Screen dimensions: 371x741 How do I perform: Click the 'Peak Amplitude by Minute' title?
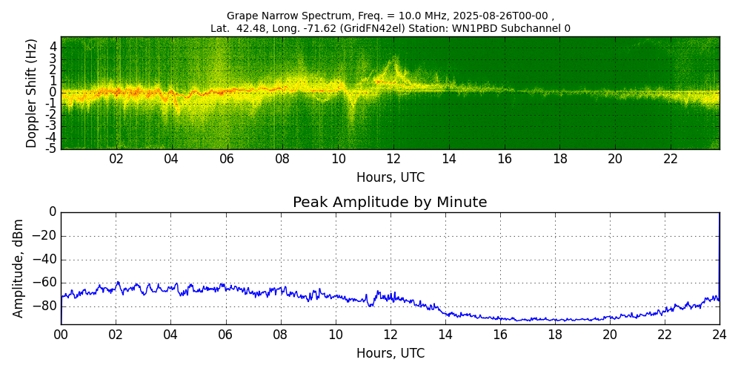pyautogui.click(x=390, y=203)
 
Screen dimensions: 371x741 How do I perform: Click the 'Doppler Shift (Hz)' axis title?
pyautogui.click(x=32, y=93)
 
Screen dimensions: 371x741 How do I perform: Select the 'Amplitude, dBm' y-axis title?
pyautogui.click(x=19, y=268)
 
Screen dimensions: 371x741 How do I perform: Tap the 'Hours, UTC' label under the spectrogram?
pyautogui.click(x=391, y=178)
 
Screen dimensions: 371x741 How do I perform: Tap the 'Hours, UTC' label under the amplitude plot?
pyautogui.click(x=391, y=353)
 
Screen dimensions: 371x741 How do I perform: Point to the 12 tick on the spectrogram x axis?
pyautogui.click(x=393, y=159)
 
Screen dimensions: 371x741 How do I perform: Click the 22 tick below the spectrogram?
pyautogui.click(x=671, y=159)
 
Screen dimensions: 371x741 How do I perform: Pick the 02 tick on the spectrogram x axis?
pyautogui.click(x=116, y=159)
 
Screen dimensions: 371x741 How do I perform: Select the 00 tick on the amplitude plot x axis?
pyautogui.click(x=61, y=334)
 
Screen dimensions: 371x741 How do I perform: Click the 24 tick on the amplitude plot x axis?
pyautogui.click(x=720, y=334)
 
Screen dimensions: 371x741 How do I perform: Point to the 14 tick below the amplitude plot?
pyautogui.click(x=445, y=334)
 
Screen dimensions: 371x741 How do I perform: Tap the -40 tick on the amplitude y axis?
pyautogui.click(x=44, y=260)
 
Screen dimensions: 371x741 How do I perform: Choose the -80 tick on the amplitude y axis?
pyautogui.click(x=44, y=306)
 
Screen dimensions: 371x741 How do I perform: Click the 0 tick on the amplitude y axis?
pyautogui.click(x=53, y=212)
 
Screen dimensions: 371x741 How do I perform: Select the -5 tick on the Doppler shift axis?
pyautogui.click(x=51, y=148)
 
